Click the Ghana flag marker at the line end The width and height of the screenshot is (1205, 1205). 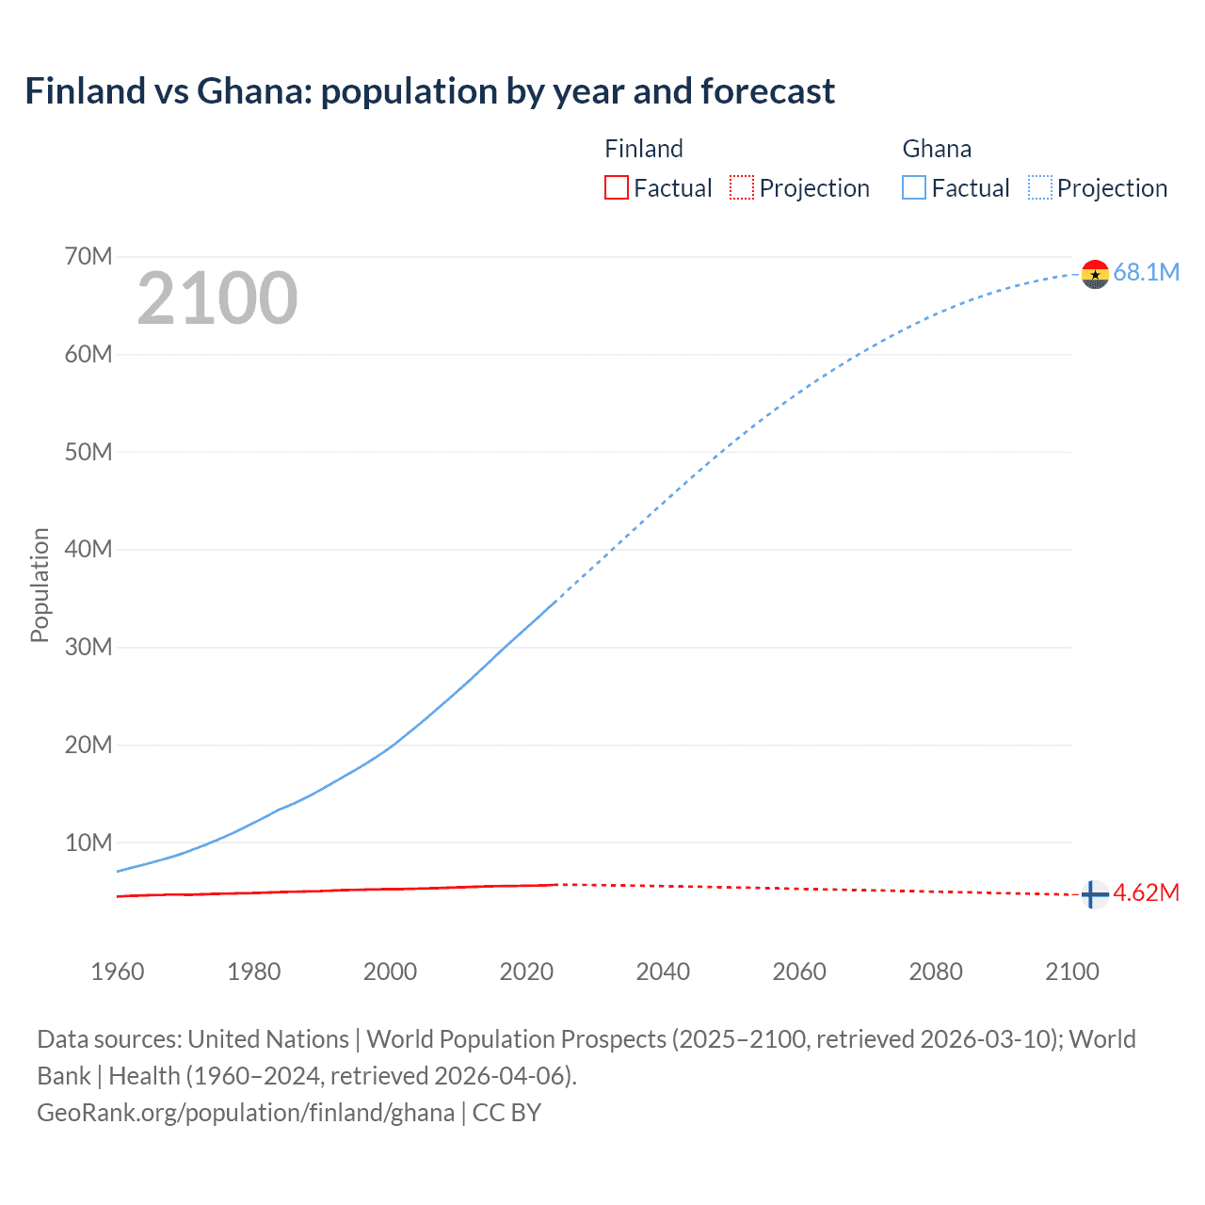coord(1095,274)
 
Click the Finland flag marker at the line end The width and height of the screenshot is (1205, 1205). coord(1094,894)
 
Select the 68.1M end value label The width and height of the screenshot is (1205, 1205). coord(1146,273)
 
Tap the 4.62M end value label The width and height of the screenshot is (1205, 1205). coord(1146,893)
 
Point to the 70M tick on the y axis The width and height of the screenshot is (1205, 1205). coord(88,256)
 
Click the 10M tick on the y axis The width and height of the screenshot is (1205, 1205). coord(88,843)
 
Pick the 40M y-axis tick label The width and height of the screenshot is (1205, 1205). coord(88,549)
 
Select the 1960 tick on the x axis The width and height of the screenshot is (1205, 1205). coord(118,972)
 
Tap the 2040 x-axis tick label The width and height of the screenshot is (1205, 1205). coord(663,972)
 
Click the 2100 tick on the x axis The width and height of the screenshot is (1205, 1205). coord(1071,972)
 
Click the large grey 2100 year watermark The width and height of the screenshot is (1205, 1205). coord(217,298)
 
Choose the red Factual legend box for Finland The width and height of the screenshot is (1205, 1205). coord(616,188)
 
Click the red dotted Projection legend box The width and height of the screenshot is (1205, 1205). coord(742,188)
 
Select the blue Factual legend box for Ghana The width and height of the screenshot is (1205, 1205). coord(914,188)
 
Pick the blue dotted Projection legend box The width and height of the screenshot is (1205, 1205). coord(1040,188)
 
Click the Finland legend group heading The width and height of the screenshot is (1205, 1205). coord(644,149)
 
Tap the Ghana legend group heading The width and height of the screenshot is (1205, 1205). coord(937,149)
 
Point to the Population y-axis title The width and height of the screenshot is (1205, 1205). coord(40,585)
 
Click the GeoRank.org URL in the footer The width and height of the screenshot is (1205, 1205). coord(246,1113)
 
